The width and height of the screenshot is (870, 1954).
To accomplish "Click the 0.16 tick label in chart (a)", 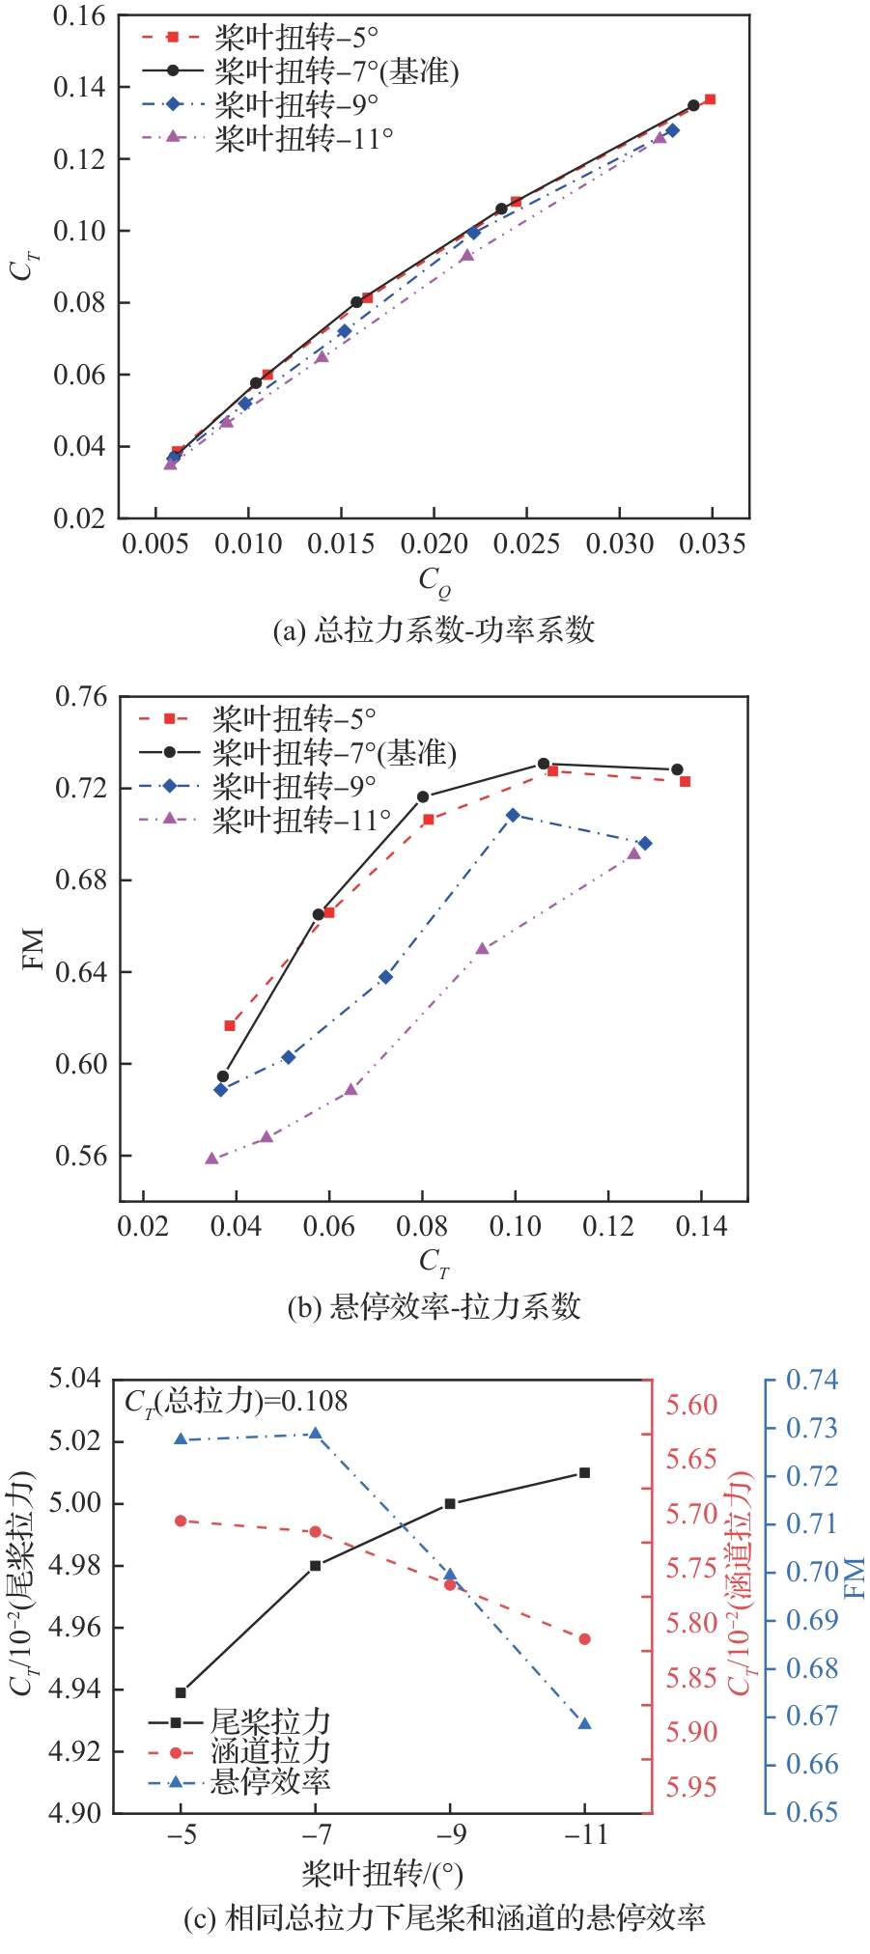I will [80, 16].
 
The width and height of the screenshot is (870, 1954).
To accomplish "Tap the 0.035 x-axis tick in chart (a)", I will [712, 544].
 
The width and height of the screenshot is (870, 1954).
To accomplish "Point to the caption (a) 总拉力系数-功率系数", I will [434, 630].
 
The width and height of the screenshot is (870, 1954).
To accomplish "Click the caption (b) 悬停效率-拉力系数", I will [434, 1306].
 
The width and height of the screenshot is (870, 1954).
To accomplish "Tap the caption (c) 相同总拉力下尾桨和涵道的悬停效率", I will [444, 1916].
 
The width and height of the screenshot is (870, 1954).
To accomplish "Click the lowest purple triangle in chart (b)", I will [212, 1158].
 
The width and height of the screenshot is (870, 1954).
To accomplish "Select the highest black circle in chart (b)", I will [544, 764].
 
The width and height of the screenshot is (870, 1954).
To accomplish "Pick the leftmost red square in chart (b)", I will [230, 1025].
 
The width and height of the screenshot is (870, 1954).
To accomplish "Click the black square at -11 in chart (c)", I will [584, 1472].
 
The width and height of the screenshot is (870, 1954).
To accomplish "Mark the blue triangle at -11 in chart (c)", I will [584, 1723].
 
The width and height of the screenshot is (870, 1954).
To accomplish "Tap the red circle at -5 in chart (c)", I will [181, 1521].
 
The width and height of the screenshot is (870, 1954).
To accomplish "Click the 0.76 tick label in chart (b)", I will [81, 696].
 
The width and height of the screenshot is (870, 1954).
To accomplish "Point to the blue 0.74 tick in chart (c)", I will [811, 1380].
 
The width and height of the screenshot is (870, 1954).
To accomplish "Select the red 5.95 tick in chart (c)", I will [691, 1787].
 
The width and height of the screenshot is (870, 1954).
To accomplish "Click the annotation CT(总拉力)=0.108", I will [237, 1401].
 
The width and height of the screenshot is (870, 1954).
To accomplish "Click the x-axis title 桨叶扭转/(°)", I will [382, 1874].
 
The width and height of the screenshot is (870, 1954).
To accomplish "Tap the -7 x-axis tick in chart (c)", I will [316, 1832].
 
